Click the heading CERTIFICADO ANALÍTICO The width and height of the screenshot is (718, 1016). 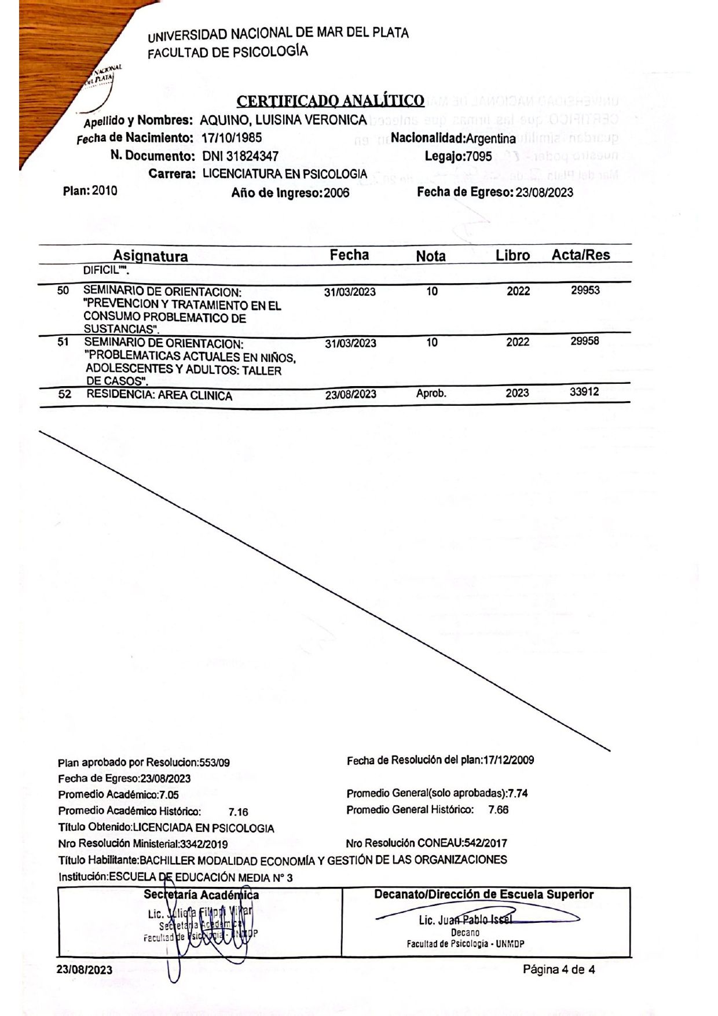pos(331,101)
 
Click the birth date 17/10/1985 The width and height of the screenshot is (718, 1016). pos(232,138)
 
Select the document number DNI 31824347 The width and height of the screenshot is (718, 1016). pos(240,156)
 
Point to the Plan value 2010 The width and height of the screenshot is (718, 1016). pos(104,191)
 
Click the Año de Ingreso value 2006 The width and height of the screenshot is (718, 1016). pos(336,193)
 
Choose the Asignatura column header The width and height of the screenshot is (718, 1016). pos(150,256)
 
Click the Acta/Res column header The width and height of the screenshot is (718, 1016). pos(580,255)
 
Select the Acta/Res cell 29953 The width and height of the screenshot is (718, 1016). pos(585,290)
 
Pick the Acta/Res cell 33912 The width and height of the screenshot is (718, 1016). pos(584,392)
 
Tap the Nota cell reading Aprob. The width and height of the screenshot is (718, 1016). pos(431,393)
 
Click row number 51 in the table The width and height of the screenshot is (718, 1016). pos(63,342)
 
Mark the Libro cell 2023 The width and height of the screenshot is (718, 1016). pos(517,393)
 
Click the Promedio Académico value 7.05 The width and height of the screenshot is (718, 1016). pos(168,795)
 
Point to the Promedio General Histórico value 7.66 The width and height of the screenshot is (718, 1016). pos(498,809)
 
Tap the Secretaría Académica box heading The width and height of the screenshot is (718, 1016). pos(201,895)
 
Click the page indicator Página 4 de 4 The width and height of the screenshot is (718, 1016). pos(559,969)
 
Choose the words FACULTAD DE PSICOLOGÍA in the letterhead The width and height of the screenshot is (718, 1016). pos(228,52)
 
